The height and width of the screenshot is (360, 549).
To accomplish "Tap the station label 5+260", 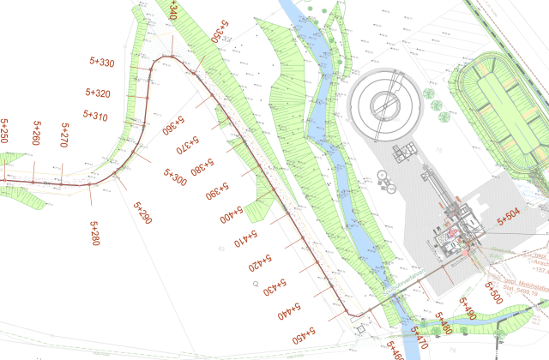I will coord(35,134).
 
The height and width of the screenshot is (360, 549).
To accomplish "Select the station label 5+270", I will coord(63,135).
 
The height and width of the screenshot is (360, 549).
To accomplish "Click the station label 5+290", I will coord(142,213).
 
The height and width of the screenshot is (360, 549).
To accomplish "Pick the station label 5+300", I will coord(174,178).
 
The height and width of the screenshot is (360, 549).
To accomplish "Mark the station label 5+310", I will coord(95,116).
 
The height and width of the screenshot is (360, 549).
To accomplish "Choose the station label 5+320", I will coord(98,93).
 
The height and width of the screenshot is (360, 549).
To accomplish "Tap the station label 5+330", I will coord(102,63).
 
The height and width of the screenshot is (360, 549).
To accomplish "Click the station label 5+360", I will coord(175,127).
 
